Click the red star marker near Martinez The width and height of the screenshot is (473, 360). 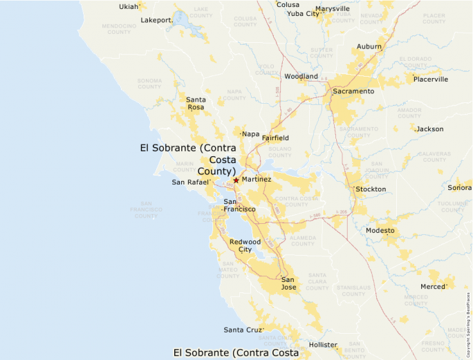(236, 180)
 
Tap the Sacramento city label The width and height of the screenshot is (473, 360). (353, 91)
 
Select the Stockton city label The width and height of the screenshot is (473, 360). (371, 189)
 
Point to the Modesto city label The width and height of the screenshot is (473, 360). (380, 230)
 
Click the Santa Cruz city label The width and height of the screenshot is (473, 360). (243, 330)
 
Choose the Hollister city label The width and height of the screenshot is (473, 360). (323, 344)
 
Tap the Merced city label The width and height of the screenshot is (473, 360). (433, 287)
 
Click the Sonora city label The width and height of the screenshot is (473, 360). (459, 188)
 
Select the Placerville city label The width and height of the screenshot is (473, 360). (431, 79)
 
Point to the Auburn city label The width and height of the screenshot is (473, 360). (369, 46)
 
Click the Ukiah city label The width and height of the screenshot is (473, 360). (129, 7)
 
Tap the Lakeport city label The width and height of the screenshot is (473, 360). (156, 20)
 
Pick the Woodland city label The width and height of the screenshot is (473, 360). (301, 76)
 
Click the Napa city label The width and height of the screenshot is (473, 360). (250, 133)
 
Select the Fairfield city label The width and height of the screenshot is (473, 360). (275, 138)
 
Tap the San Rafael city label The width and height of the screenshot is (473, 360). (189, 182)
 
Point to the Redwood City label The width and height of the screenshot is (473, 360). (245, 245)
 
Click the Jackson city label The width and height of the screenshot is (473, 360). (429, 129)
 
